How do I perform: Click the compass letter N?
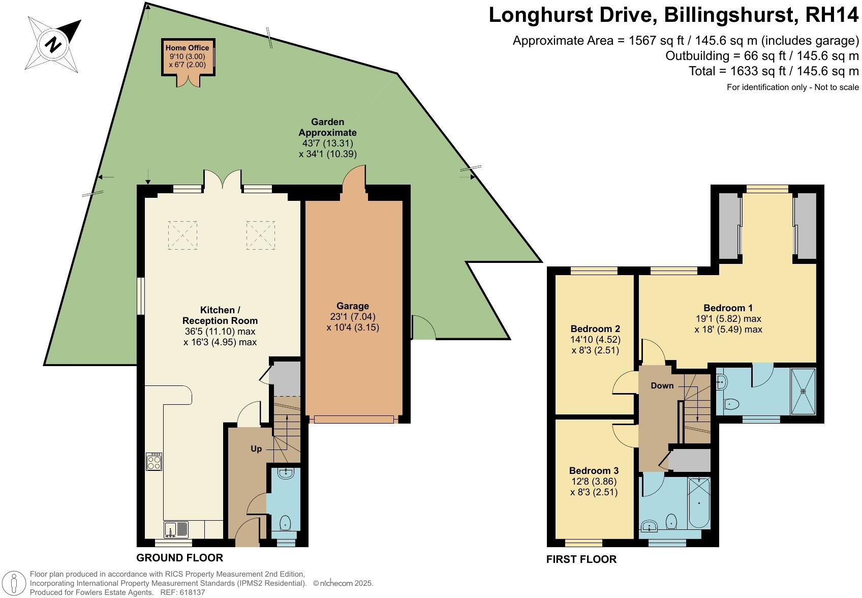pos(53,44)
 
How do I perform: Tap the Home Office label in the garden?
pos(187,48)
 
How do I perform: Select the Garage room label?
pos(353,306)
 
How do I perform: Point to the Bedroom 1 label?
pos(728,308)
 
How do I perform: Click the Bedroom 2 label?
pos(595,328)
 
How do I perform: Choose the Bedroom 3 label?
pos(594,470)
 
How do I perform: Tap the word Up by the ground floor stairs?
pos(256,448)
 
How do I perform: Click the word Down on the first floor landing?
pos(662,385)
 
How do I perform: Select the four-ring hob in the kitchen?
pos(154,461)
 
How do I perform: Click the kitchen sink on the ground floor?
pos(176,529)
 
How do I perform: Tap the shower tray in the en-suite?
pos(803,391)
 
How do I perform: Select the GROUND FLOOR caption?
pos(180,557)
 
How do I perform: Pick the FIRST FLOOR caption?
pos(581,559)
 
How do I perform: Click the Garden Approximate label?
pos(327,127)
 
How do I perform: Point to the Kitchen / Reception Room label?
pos(220,315)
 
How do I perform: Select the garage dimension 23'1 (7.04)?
pos(353,316)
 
